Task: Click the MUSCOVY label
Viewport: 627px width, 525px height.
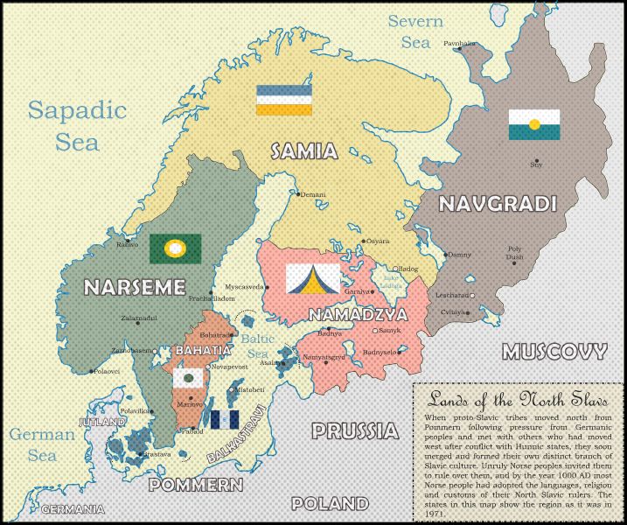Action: pyautogui.click(x=554, y=353)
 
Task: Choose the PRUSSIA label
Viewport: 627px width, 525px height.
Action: pyautogui.click(x=353, y=430)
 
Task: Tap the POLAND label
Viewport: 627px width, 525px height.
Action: pyautogui.click(x=330, y=504)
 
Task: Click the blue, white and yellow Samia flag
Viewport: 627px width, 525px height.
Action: pyautogui.click(x=284, y=101)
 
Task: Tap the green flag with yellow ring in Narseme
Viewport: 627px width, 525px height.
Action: pyautogui.click(x=175, y=248)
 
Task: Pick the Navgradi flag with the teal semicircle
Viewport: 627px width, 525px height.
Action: pyautogui.click(x=534, y=125)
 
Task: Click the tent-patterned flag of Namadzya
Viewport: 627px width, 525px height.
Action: pyautogui.click(x=312, y=278)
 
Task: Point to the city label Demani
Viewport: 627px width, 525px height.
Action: pyautogui.click(x=312, y=194)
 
